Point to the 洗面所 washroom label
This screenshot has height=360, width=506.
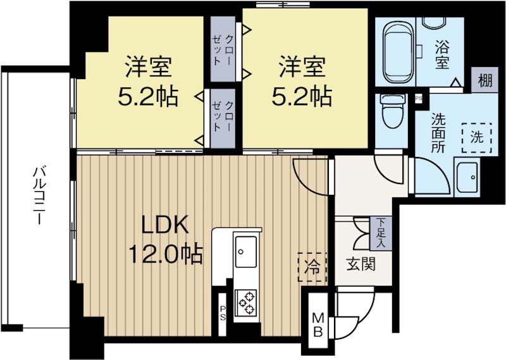pyautogui.click(x=439, y=130)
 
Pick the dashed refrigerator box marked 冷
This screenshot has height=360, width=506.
pyautogui.click(x=312, y=266)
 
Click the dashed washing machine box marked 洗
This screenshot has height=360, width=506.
pyautogui.click(x=477, y=137)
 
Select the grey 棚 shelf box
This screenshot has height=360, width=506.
pyautogui.click(x=485, y=80)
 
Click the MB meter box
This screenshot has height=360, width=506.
pyautogui.click(x=318, y=324)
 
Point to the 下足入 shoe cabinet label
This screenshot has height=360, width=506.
pyautogui.click(x=381, y=232)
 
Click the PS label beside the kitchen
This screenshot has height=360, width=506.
pyautogui.click(x=223, y=311)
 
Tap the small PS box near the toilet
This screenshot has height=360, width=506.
pyautogui.click(x=418, y=98)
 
